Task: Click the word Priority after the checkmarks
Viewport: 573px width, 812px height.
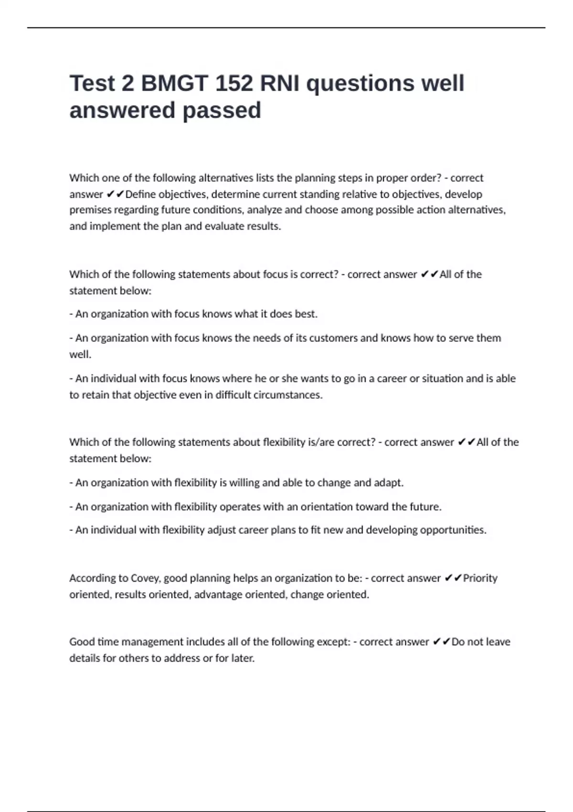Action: (x=480, y=578)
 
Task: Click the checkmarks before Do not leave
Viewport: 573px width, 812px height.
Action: (x=442, y=641)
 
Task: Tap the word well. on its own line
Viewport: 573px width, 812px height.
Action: (x=80, y=354)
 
